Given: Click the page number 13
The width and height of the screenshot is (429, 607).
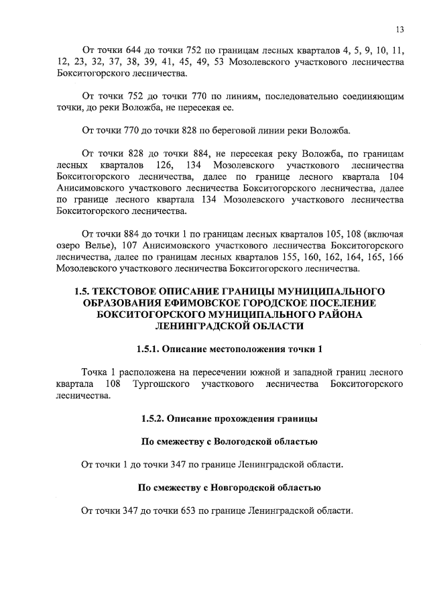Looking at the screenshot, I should pos(400,29).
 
